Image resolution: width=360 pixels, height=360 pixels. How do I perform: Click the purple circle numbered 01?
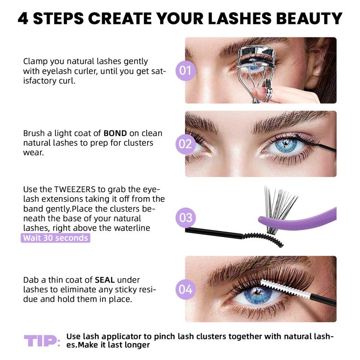[186, 71]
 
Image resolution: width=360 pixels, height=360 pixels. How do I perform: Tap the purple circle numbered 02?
[186, 144]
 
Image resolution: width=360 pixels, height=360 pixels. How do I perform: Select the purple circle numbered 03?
[186, 218]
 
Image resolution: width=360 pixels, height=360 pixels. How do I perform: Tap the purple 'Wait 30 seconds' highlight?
[55, 238]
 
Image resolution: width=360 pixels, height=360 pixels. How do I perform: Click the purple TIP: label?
[42, 341]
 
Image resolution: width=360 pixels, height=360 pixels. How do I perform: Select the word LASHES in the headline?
[246, 18]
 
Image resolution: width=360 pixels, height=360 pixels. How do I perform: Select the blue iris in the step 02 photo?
[286, 145]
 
